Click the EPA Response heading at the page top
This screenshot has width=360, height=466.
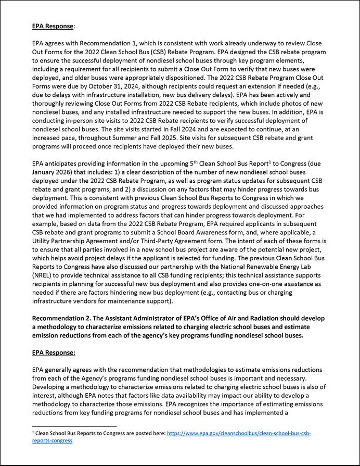coord(53,25)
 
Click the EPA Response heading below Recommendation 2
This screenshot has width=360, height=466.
coord(53,352)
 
